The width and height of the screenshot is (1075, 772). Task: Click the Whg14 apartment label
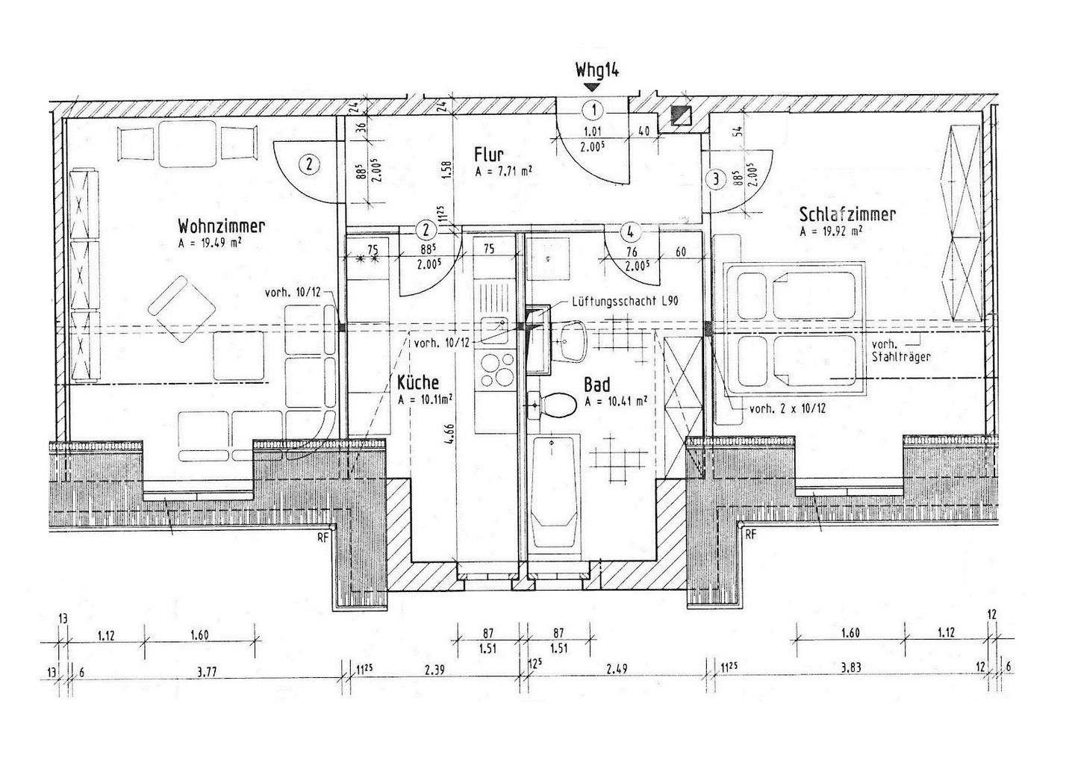[x=596, y=70]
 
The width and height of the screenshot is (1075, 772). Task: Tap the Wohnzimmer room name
[x=222, y=225]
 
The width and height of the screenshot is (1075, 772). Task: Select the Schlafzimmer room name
[x=847, y=215]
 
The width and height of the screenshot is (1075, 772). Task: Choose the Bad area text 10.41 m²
[x=616, y=401]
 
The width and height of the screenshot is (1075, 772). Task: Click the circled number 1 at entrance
[x=593, y=111]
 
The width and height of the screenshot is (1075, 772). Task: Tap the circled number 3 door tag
[x=716, y=179]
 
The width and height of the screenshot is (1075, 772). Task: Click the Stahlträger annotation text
[x=900, y=357]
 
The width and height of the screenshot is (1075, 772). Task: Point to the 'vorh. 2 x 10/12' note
[x=786, y=408]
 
